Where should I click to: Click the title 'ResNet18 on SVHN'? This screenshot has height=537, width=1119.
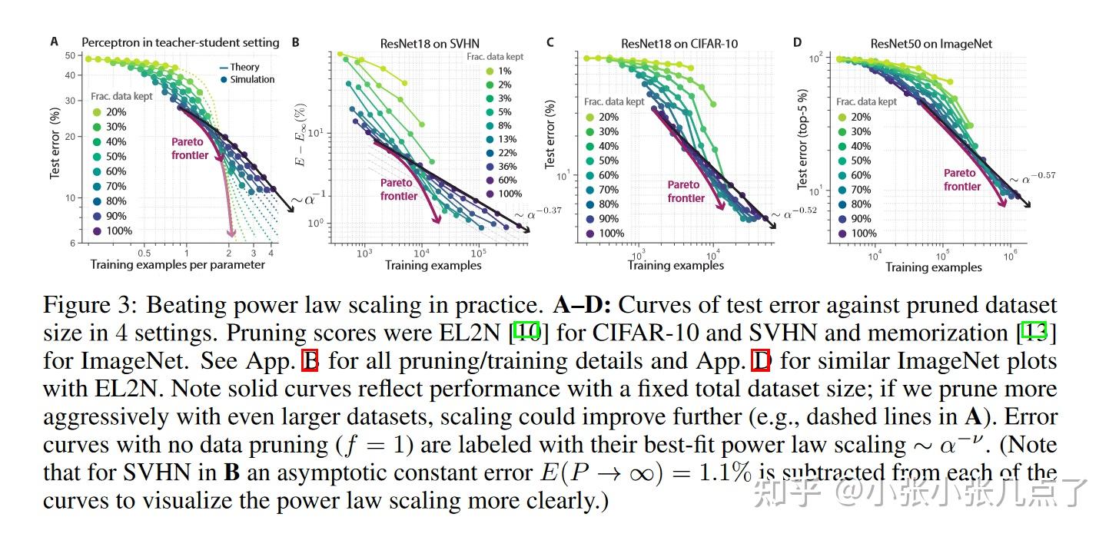pyautogui.click(x=430, y=44)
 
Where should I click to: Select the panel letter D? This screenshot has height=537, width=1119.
pyautogui.click(x=797, y=42)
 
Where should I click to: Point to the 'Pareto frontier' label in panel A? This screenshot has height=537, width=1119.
pyautogui.click(x=189, y=149)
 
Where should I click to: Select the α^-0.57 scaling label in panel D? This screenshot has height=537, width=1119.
pyautogui.click(x=1032, y=178)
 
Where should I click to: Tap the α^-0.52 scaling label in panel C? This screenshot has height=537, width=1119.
pyautogui.click(x=792, y=214)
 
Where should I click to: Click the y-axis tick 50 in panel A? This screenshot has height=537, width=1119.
pyautogui.click(x=69, y=55)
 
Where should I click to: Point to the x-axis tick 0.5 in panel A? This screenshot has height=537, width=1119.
pyautogui.click(x=144, y=253)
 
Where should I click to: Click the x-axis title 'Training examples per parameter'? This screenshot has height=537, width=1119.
pyautogui.click(x=178, y=265)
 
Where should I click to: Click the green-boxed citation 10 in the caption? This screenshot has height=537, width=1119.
pyautogui.click(x=527, y=333)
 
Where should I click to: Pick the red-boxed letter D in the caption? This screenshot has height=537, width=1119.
pyautogui.click(x=759, y=360)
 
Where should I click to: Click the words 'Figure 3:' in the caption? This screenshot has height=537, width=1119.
pyautogui.click(x=91, y=305)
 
